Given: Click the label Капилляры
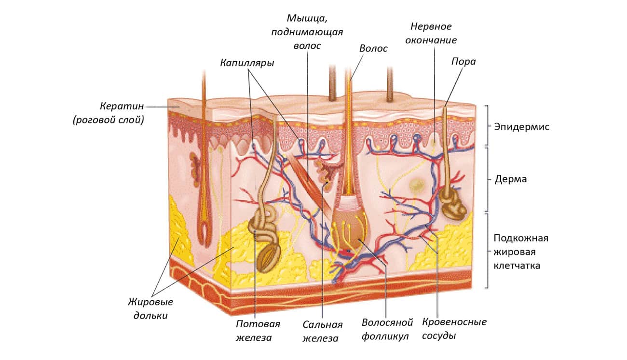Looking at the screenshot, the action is point(247,63).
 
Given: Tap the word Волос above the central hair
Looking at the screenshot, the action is point(373,48).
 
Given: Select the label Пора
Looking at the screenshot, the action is point(463,62).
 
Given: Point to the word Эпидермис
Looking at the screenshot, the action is point(521,127).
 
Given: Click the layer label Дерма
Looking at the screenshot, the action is point(511,179).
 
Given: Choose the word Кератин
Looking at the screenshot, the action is point(122,107).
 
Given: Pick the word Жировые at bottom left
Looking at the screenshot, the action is point(150,302).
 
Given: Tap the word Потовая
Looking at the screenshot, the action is point(258,324).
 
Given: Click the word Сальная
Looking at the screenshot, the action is point(323,325).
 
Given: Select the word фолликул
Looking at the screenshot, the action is point(385,336).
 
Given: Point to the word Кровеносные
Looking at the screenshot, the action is point(454,322).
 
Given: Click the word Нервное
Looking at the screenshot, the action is point(431,27).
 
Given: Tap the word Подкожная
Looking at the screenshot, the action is point(521,239).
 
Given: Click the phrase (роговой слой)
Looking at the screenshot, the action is point(109,120).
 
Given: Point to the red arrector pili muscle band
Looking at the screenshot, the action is point(306,182).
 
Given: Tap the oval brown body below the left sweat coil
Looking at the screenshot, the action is point(268,258).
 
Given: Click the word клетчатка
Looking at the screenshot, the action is point(517,265).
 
